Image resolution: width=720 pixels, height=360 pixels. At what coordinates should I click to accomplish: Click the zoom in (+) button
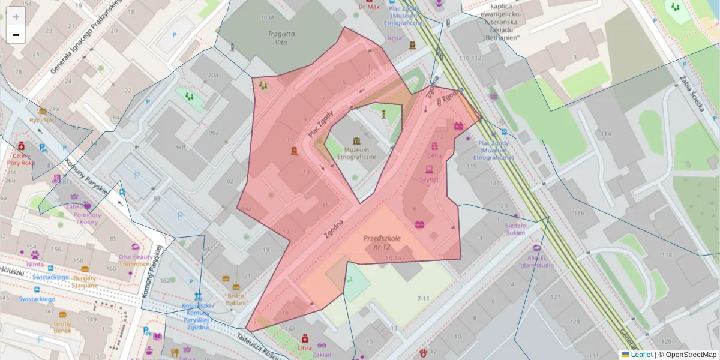pyautogui.click(x=16, y=17)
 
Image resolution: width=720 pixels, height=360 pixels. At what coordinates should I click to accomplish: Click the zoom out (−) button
pyautogui.click(x=16, y=35)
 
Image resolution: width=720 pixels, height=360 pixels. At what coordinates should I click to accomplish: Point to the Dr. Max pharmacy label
pyautogui.click(x=369, y=7)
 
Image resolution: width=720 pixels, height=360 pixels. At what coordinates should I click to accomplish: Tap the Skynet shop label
pyautogui.click(x=429, y=179)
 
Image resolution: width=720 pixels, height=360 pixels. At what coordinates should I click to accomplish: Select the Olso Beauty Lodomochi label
pyautogui.click(x=134, y=260)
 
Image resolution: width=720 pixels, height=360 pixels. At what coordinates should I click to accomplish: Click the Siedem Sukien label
pyautogui.click(x=515, y=229)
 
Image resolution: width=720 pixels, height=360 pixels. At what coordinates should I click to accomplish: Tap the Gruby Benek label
pyautogui.click(x=62, y=327)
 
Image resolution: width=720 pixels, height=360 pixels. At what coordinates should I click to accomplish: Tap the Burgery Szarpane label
pyautogui.click(x=85, y=281)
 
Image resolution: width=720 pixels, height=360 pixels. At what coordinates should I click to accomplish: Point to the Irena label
pyautogui.click(x=394, y=38)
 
